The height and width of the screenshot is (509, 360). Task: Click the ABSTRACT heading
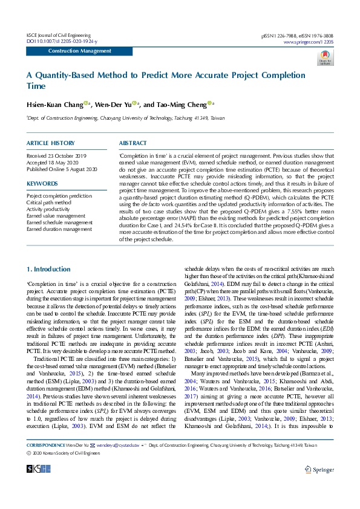(x=133, y=143)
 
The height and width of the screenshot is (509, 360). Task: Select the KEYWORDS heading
(x=42, y=183)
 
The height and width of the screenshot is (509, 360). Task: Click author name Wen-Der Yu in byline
(x=113, y=105)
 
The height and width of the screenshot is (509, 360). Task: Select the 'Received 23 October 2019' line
(x=57, y=156)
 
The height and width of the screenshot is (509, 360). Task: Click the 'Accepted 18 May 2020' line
(x=53, y=163)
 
